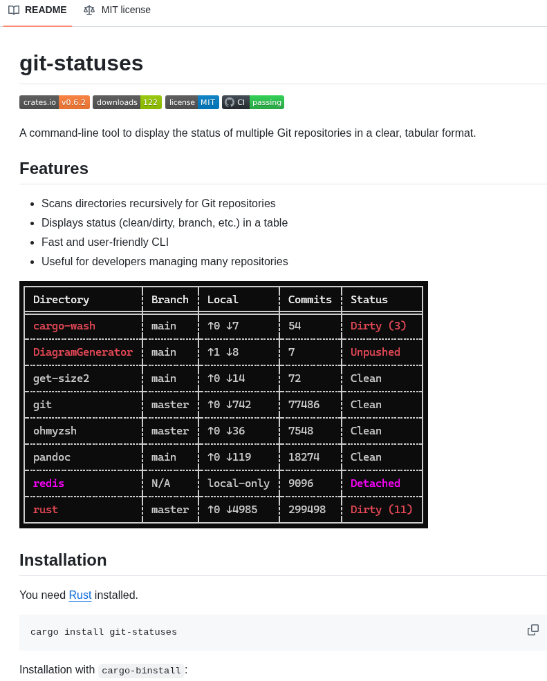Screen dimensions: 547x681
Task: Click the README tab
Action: click(38, 10)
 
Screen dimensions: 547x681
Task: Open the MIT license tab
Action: click(118, 10)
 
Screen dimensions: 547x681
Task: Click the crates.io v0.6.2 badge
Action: click(55, 102)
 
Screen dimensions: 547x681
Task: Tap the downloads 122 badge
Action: click(127, 102)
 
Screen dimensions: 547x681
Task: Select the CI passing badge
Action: click(253, 102)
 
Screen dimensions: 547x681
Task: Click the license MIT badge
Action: click(192, 102)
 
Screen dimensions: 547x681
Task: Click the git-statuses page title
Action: click(81, 63)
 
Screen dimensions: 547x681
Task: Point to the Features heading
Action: click(54, 169)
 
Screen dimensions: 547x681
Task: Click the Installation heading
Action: click(63, 560)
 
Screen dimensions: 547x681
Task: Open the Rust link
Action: click(80, 595)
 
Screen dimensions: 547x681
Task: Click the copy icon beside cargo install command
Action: click(533, 630)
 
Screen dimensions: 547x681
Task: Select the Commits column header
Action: click(310, 300)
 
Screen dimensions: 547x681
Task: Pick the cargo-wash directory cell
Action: click(64, 326)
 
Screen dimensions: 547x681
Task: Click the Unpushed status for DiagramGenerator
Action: click(376, 352)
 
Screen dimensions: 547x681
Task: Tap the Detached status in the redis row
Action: click(376, 483)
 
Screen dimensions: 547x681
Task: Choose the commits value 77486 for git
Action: click(304, 405)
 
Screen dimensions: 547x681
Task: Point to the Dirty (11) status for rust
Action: click(382, 510)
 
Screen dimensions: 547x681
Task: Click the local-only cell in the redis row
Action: click(239, 483)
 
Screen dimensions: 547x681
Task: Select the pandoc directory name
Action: click(52, 457)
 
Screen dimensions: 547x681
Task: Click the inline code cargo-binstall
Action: click(141, 671)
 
